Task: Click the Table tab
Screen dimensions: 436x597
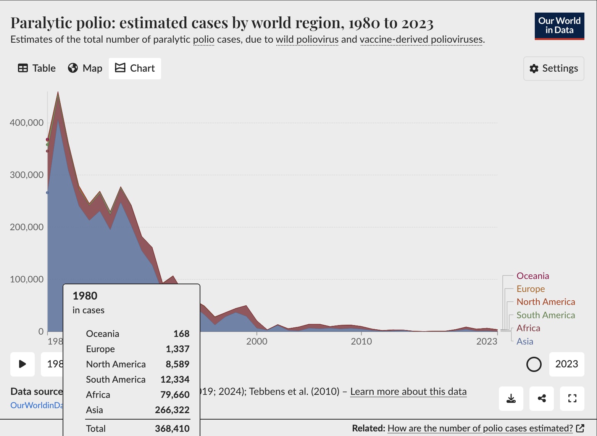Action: click(37, 68)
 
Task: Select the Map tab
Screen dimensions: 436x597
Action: click(85, 68)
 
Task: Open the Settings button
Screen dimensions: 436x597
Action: click(553, 69)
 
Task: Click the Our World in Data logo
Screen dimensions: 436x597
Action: click(559, 26)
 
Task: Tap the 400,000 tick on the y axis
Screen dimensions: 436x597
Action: click(27, 123)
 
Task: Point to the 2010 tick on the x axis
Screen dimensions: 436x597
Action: click(361, 341)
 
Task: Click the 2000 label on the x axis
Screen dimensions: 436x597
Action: click(257, 341)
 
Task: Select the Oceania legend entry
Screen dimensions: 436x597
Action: click(532, 276)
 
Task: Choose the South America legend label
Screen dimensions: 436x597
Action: click(545, 315)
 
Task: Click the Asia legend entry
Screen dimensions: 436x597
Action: click(524, 341)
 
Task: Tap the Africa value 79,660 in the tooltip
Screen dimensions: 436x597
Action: click(175, 395)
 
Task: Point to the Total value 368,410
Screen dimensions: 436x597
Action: click(172, 429)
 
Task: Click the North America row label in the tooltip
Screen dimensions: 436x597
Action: click(116, 364)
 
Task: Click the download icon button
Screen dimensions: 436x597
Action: click(511, 399)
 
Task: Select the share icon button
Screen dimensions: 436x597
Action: click(541, 399)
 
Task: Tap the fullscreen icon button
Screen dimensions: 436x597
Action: click(572, 399)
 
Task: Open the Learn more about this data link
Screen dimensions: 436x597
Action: click(408, 392)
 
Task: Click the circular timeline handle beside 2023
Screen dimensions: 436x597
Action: click(534, 364)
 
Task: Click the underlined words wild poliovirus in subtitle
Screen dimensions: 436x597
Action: click(307, 40)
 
